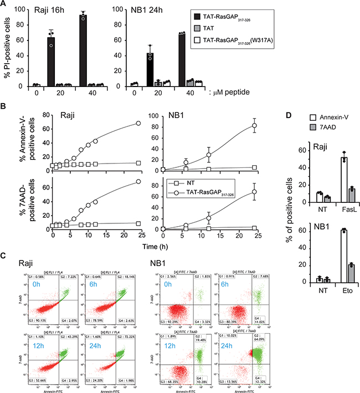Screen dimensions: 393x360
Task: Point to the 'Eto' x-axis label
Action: click(x=317, y=292)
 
